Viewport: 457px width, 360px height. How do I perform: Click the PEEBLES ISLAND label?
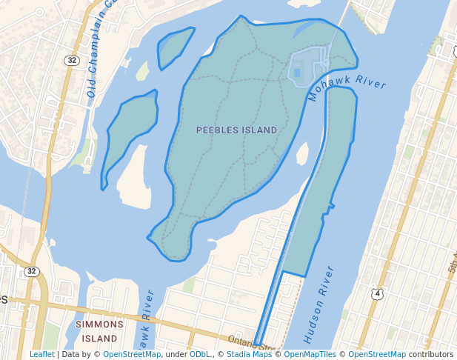[x=236, y=130]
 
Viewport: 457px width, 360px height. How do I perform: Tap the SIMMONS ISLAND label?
[x=100, y=331]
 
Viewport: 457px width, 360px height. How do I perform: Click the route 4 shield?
[x=378, y=294]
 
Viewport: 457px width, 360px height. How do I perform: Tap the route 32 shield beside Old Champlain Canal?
[x=71, y=61]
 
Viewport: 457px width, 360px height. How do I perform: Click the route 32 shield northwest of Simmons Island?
[x=30, y=271]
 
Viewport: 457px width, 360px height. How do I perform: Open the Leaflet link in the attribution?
[x=42, y=354]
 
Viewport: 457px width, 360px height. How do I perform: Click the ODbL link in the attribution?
[x=199, y=354]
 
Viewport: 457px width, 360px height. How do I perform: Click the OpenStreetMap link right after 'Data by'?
[x=131, y=354]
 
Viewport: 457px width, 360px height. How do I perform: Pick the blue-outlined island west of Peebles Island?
[x=132, y=133]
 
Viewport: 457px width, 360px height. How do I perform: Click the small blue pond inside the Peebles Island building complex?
[x=298, y=73]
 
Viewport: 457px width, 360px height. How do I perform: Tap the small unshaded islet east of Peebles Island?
[x=302, y=153]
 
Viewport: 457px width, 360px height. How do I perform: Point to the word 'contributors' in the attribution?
[x=430, y=354]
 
